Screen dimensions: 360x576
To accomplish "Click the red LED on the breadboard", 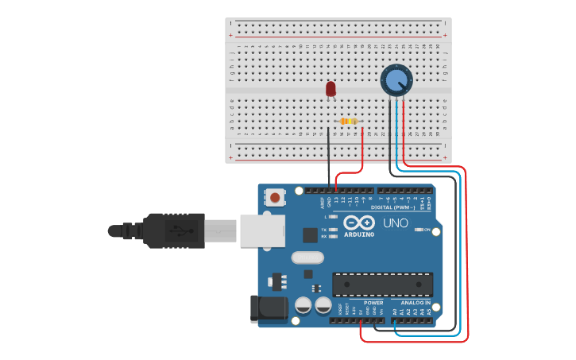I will (x=331, y=89).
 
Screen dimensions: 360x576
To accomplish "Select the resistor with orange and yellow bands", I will (x=348, y=122).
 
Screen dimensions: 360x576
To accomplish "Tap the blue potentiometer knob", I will (x=395, y=79).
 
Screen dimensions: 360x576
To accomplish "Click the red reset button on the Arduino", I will (x=275, y=197).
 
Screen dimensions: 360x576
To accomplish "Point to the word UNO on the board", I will (x=396, y=223).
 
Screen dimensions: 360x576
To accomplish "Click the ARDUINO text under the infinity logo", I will (x=360, y=234).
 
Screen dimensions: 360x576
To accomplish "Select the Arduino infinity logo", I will (x=359, y=223).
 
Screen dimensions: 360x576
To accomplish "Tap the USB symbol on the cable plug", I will (x=181, y=231).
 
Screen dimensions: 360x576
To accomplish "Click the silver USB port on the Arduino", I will (x=261, y=230).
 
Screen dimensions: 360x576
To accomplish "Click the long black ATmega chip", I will (x=382, y=284).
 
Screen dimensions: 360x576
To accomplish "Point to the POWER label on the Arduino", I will (x=373, y=303).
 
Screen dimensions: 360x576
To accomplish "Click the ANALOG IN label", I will (x=416, y=303).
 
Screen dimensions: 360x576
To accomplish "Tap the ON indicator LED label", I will (x=427, y=230).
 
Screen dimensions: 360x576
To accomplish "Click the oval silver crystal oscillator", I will (x=307, y=257).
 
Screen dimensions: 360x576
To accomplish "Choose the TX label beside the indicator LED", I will (x=323, y=229).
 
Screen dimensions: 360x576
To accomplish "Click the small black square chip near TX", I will (x=310, y=235).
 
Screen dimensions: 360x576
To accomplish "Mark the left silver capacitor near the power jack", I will (x=303, y=305).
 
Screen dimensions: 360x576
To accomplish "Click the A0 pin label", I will (x=395, y=312).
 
